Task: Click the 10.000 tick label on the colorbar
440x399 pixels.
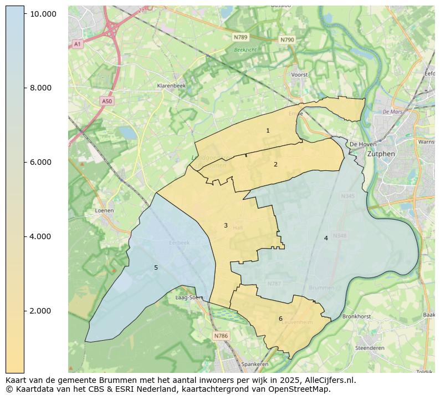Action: [43, 13]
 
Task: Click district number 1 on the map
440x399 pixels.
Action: [268, 131]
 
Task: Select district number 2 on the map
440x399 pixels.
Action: [275, 164]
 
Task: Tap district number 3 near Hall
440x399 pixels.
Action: [226, 225]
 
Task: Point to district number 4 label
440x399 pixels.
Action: [326, 238]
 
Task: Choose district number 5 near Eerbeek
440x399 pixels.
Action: [156, 267]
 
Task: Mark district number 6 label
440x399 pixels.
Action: [280, 319]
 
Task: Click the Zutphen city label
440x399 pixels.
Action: [381, 154]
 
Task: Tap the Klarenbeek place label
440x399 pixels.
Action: [171, 86]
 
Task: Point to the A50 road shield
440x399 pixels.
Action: [107, 101]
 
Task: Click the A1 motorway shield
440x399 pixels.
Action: [77, 44]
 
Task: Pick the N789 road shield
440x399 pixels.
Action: [241, 37]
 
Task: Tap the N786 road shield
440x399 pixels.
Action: [221, 336]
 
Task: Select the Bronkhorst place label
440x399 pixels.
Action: [356, 316]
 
